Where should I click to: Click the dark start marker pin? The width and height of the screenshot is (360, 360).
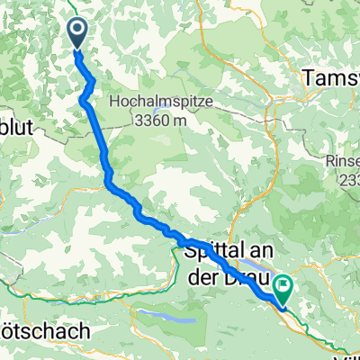pyautogui.click(x=76, y=33)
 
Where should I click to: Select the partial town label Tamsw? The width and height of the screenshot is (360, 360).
pyautogui.click(x=333, y=78)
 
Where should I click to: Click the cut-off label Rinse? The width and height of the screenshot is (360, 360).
pyautogui.click(x=342, y=163)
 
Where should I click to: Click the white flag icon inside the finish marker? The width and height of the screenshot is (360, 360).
pyautogui.click(x=283, y=286)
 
